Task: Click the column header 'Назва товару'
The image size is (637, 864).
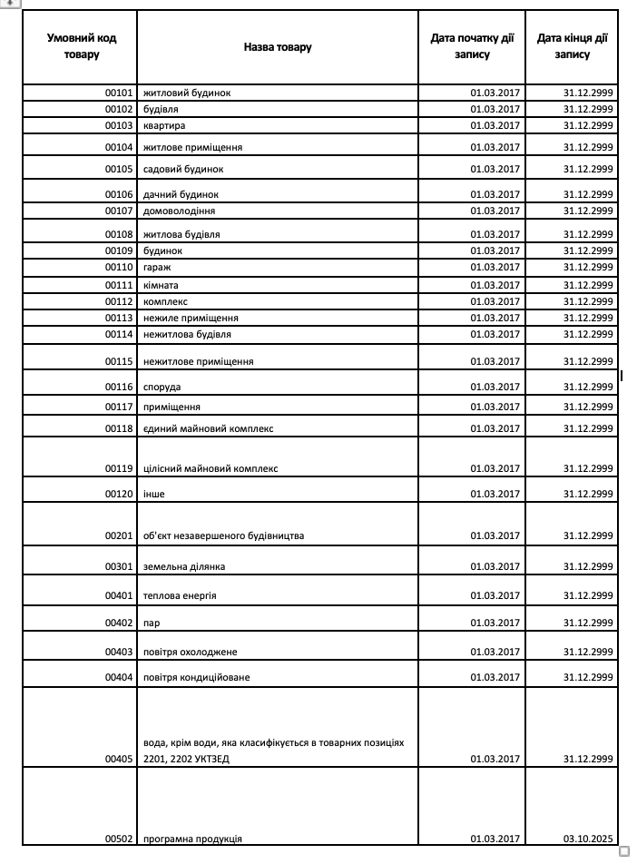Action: click(x=277, y=47)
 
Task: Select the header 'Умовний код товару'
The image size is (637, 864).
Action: click(x=82, y=46)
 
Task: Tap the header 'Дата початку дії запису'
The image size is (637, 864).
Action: click(x=472, y=46)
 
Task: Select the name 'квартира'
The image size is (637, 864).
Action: click(x=164, y=125)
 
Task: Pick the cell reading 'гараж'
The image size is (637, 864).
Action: click(x=157, y=267)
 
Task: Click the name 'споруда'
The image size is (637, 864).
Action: click(x=162, y=387)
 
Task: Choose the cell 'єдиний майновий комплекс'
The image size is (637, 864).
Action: click(x=208, y=428)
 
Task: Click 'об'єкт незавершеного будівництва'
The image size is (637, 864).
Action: click(x=223, y=535)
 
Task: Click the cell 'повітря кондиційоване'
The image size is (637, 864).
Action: click(x=196, y=677)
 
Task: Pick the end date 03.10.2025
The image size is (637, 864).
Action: click(x=588, y=839)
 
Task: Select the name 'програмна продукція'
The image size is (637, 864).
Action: click(x=192, y=839)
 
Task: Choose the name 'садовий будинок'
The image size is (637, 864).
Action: click(x=183, y=169)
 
